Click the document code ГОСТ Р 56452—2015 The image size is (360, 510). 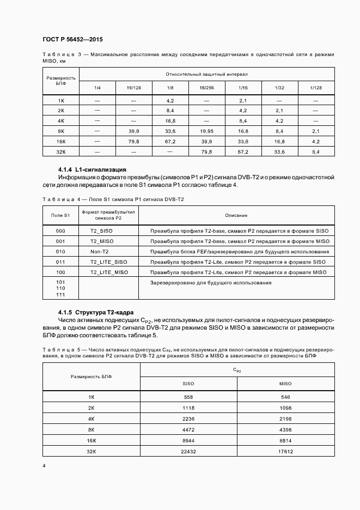(x=72, y=40)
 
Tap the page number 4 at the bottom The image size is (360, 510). (x=44, y=466)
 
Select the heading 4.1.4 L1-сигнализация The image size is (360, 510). (x=92, y=169)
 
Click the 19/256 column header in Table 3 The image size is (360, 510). (x=206, y=88)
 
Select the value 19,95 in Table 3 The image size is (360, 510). (x=206, y=131)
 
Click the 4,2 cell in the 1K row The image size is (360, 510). (x=170, y=101)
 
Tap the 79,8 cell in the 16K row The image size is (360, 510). (x=133, y=142)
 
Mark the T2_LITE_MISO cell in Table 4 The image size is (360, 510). (x=109, y=272)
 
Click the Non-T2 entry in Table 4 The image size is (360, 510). (x=100, y=252)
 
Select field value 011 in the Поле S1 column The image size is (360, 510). (x=60, y=262)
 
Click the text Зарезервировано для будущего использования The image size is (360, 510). (x=210, y=283)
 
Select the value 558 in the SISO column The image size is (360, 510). (x=188, y=397)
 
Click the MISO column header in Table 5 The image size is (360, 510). (x=285, y=383)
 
